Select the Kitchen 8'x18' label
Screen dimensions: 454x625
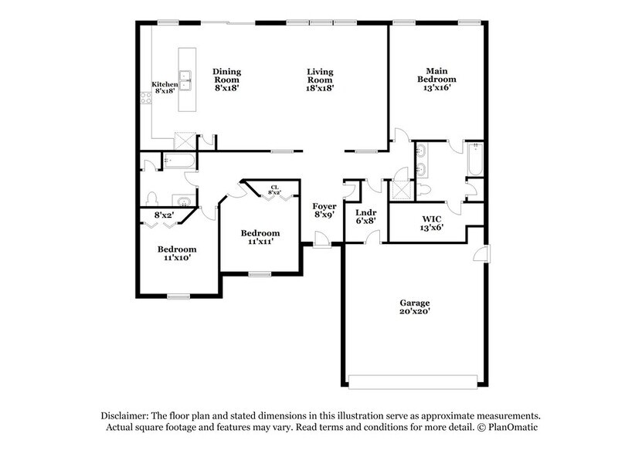pyautogui.click(x=164, y=86)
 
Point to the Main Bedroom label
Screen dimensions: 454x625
pyautogui.click(x=436, y=75)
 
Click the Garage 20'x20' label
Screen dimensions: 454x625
pyautogui.click(x=414, y=307)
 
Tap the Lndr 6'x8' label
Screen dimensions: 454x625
pyautogui.click(x=365, y=217)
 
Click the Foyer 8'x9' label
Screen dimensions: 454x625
pyautogui.click(x=323, y=211)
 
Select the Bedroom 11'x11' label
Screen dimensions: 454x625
pyautogui.click(x=260, y=237)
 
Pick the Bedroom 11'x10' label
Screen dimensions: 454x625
pyautogui.click(x=177, y=253)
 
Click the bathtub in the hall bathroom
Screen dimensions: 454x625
pyautogui.click(x=179, y=161)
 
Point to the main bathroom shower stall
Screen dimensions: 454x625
pyautogui.click(x=402, y=190)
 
